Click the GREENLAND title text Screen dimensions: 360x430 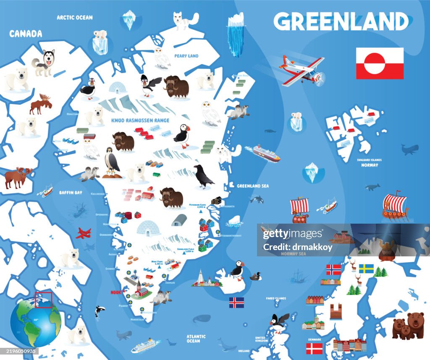coord(341,21)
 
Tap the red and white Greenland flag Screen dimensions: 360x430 coord(380,63)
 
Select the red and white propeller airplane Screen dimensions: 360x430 coord(303,70)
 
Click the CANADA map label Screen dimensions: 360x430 coord(26,34)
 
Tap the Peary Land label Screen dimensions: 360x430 coord(186,56)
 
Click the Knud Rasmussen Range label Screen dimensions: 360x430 coord(140,120)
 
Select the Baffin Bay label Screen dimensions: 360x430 coord(71,193)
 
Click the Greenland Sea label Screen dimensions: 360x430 coord(253,186)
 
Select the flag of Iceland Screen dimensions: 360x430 coord(236,303)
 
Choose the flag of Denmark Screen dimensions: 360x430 coord(314,348)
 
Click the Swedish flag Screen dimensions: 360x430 coord(366,269)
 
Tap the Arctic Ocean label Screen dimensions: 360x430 coord(75,18)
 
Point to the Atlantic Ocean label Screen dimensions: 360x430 coord(196,339)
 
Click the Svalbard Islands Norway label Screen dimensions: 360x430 coord(370,163)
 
